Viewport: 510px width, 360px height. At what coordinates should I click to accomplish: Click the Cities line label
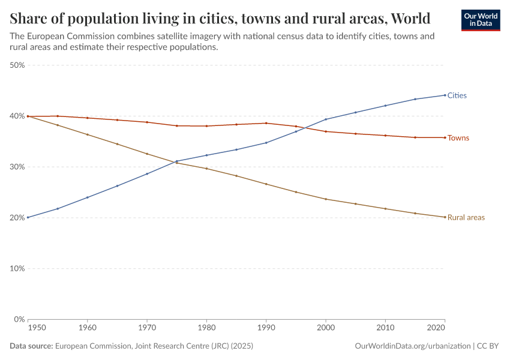457,95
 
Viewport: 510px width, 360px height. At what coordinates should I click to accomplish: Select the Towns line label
458,138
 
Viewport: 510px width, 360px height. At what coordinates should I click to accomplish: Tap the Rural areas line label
466,217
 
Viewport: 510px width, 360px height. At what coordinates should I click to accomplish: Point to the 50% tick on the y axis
17,65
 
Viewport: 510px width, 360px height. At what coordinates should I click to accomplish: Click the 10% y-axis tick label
17,268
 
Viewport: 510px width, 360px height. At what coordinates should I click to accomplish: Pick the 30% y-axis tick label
17,167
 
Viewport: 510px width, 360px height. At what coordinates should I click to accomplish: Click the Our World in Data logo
481,20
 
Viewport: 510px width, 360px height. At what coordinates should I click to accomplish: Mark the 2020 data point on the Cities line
445,95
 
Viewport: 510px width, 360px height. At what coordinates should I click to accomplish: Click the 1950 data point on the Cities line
28,217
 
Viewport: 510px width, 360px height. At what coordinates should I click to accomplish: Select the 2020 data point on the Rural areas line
445,217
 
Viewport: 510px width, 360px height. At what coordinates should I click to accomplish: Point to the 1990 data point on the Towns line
266,123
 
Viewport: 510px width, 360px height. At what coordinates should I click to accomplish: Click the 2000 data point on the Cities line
326,119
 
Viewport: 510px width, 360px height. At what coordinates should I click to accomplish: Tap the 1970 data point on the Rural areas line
147,154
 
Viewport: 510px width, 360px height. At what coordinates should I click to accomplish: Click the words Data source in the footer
31,346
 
